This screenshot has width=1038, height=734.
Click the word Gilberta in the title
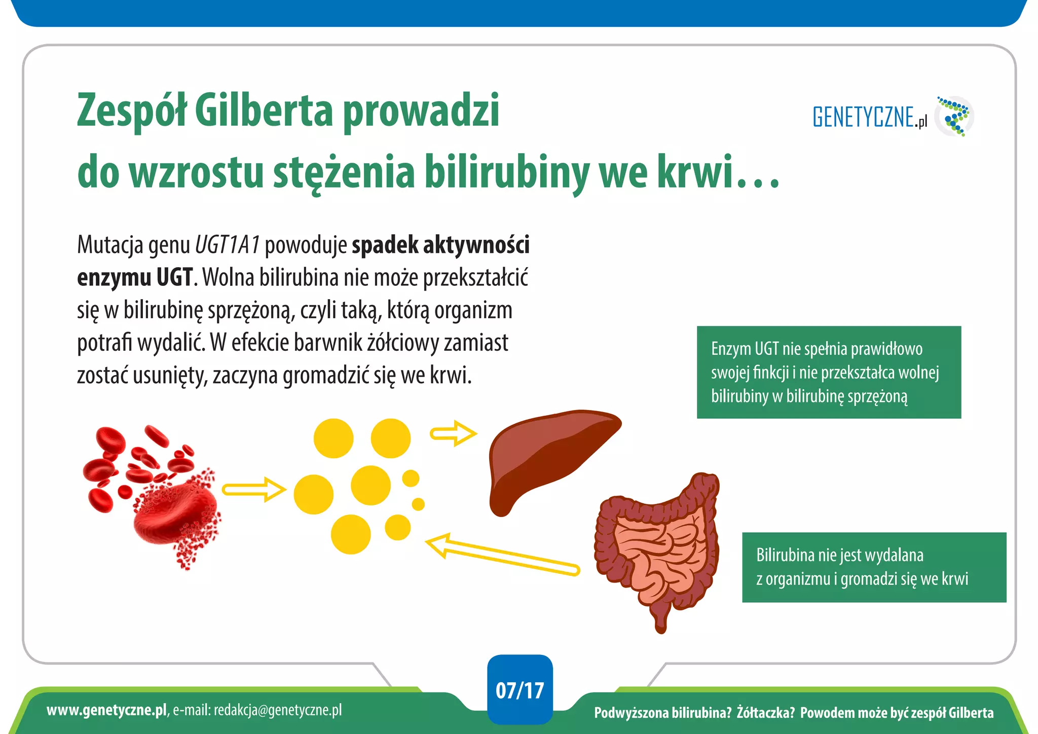263,111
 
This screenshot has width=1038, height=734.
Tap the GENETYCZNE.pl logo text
869,117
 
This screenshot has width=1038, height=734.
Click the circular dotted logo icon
954,117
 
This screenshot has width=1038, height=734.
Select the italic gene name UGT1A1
227,245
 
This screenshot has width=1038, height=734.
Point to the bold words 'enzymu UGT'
135,277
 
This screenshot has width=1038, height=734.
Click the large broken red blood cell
175,512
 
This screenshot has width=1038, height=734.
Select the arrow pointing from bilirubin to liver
453,433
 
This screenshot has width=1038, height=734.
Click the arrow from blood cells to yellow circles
253,490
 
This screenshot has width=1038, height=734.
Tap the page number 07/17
520,690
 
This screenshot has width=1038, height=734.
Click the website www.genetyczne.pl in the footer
106,710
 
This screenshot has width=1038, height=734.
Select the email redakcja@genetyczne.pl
277,710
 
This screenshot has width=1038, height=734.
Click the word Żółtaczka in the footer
765,713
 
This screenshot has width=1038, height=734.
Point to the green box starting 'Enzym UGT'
829,372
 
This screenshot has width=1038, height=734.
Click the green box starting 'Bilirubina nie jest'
874,567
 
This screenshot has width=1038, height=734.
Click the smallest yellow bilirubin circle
418,504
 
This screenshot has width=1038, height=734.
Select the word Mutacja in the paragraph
108,245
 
